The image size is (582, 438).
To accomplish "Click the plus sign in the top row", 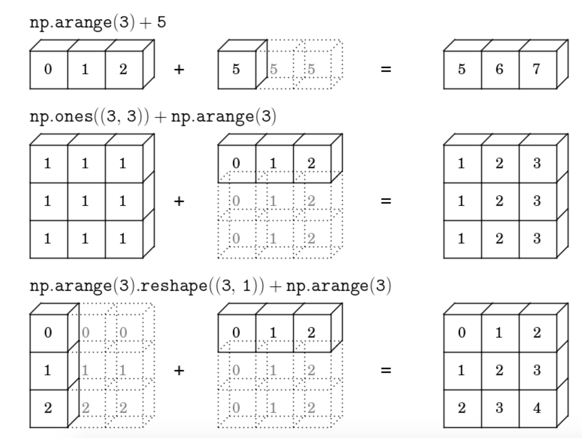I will [x=179, y=69].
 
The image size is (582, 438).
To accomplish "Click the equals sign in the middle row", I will [x=385, y=201].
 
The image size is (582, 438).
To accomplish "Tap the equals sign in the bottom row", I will [x=385, y=370].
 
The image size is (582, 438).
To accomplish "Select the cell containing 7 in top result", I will [x=537, y=69].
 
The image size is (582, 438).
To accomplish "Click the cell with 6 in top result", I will [x=500, y=69].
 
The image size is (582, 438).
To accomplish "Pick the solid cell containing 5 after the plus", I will [x=236, y=69].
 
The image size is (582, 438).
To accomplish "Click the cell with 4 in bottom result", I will [x=537, y=408].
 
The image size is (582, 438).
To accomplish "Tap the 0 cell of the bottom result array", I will [x=462, y=333].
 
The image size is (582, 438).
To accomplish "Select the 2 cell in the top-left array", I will [x=123, y=69].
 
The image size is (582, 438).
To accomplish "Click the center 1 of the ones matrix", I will [x=85, y=201].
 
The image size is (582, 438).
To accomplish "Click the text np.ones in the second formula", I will [x=61, y=116].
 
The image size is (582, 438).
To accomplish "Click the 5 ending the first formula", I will [x=162, y=22].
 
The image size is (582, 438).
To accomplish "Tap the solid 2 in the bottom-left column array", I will [x=48, y=408].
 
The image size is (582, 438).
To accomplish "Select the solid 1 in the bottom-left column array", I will [x=48, y=370].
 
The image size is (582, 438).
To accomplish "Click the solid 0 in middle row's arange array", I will [x=236, y=164].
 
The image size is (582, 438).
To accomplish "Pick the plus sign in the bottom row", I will [x=179, y=370].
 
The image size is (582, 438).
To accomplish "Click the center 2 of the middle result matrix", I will [x=500, y=201].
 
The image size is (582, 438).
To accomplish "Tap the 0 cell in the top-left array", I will [x=48, y=69].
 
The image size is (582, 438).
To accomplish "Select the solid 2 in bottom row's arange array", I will [x=311, y=333].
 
